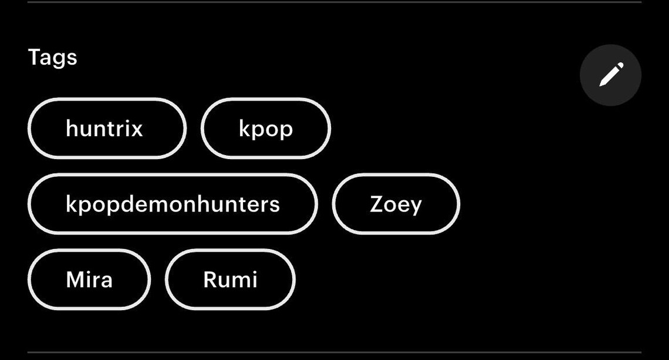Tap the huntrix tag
tap(107, 128)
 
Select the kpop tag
tap(266, 128)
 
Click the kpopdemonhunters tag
tap(173, 204)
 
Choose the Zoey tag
tap(396, 204)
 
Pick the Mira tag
tap(89, 280)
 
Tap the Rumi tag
tap(231, 280)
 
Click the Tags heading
tap(52, 58)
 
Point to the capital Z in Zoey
tap(377, 204)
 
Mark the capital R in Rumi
tap(210, 280)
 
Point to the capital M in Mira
tap(75, 280)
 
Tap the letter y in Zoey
tap(414, 207)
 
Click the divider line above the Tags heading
tap(334, 2)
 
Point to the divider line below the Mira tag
tap(334, 352)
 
